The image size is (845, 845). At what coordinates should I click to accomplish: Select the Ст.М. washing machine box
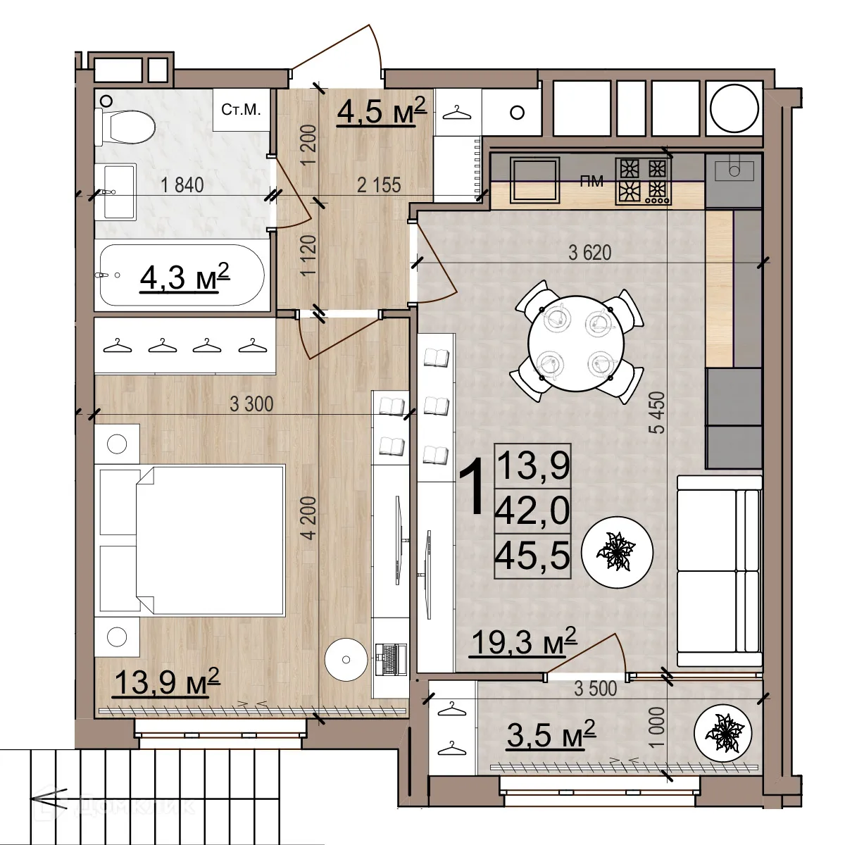[241, 110]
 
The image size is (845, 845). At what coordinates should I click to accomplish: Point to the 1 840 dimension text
[182, 185]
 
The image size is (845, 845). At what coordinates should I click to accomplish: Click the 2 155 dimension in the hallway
[379, 185]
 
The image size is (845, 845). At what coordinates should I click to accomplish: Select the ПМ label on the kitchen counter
[591, 182]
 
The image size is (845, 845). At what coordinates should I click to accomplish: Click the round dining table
[575, 342]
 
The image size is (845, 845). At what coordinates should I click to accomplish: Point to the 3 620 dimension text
[590, 253]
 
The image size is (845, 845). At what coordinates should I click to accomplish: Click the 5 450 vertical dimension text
[658, 413]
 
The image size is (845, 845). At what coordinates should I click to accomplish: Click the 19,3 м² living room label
[523, 641]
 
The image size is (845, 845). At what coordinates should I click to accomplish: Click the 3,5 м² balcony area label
[551, 735]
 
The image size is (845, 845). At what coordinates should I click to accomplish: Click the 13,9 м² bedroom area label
[167, 681]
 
